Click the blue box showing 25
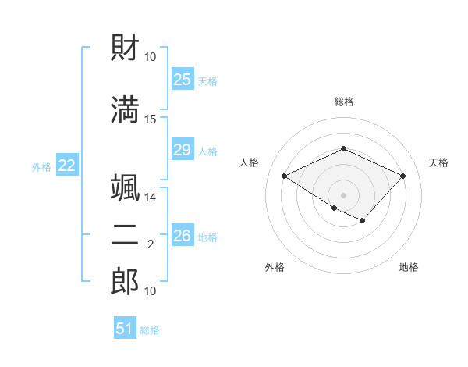point(182,80)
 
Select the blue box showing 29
point(182,150)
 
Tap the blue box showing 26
point(182,236)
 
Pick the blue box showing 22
point(67,166)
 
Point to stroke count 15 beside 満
point(151,119)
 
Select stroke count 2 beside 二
point(151,244)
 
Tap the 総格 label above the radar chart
point(343,102)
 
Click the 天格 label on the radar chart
point(438,162)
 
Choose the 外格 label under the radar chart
point(275,267)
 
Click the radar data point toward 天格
point(402,176)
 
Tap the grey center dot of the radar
point(343,194)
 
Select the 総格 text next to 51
point(150,330)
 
